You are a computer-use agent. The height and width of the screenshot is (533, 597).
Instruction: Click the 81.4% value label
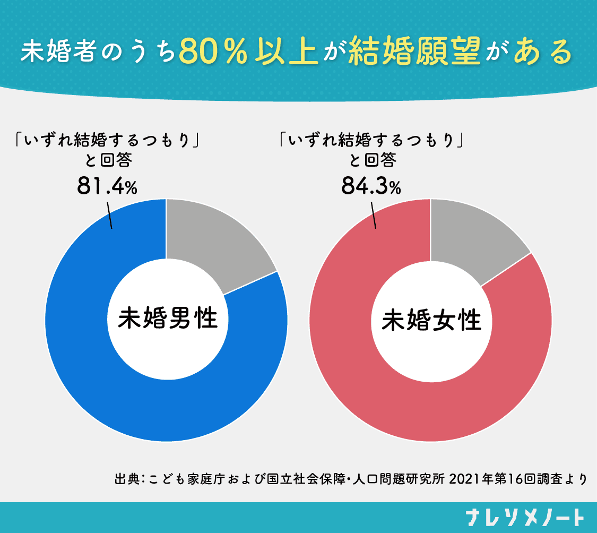[x=107, y=185]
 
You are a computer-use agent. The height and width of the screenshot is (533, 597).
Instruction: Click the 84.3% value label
[x=370, y=185]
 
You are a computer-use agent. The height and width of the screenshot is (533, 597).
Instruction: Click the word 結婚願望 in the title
[x=414, y=52]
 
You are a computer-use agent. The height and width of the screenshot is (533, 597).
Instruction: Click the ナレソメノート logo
[x=526, y=517]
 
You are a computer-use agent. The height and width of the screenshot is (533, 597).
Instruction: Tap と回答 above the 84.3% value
[x=373, y=160]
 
